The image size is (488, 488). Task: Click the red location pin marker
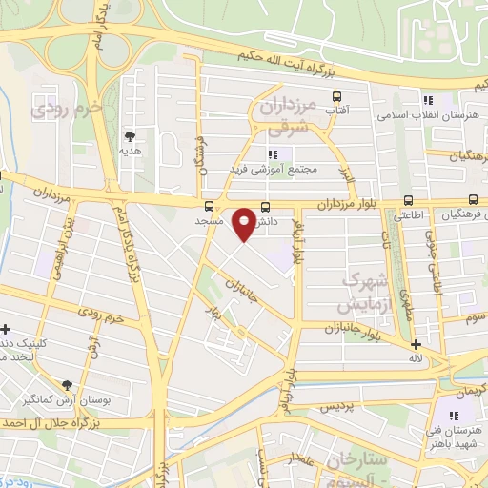point(246,222)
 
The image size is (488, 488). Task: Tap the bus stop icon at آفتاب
point(335,96)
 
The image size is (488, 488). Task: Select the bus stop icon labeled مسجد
point(209,206)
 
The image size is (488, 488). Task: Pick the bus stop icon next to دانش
point(265,206)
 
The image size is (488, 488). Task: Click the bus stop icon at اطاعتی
point(408,200)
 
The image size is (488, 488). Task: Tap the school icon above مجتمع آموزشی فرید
point(273,153)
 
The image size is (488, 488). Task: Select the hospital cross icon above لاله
point(415,344)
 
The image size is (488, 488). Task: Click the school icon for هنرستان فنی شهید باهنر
point(453,416)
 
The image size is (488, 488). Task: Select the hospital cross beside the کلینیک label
point(6,329)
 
